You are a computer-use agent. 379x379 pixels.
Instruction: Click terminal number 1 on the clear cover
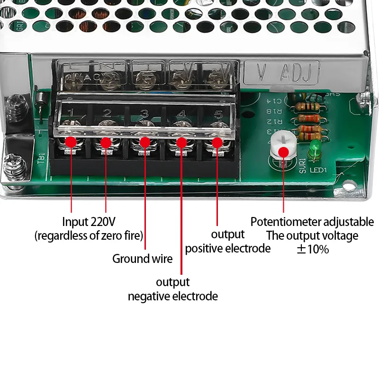(x=71, y=113)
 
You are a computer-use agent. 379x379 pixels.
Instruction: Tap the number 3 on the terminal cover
(x=144, y=114)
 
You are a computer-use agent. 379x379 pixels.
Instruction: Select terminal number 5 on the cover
(x=218, y=114)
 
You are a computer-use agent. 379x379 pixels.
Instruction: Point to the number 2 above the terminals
(x=107, y=113)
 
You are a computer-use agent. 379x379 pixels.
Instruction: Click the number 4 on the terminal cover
(x=182, y=114)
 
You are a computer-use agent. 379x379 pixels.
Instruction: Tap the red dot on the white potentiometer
(x=283, y=152)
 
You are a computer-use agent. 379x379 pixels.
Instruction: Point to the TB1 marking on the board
(x=41, y=157)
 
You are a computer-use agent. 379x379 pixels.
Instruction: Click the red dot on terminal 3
(x=145, y=142)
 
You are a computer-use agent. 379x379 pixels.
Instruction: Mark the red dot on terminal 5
(x=217, y=142)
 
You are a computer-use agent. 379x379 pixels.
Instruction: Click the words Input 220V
(x=89, y=222)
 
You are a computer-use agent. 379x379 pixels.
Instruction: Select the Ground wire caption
(x=142, y=259)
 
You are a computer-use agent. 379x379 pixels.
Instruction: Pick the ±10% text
(x=312, y=249)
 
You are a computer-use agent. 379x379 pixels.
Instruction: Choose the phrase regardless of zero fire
(x=89, y=235)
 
